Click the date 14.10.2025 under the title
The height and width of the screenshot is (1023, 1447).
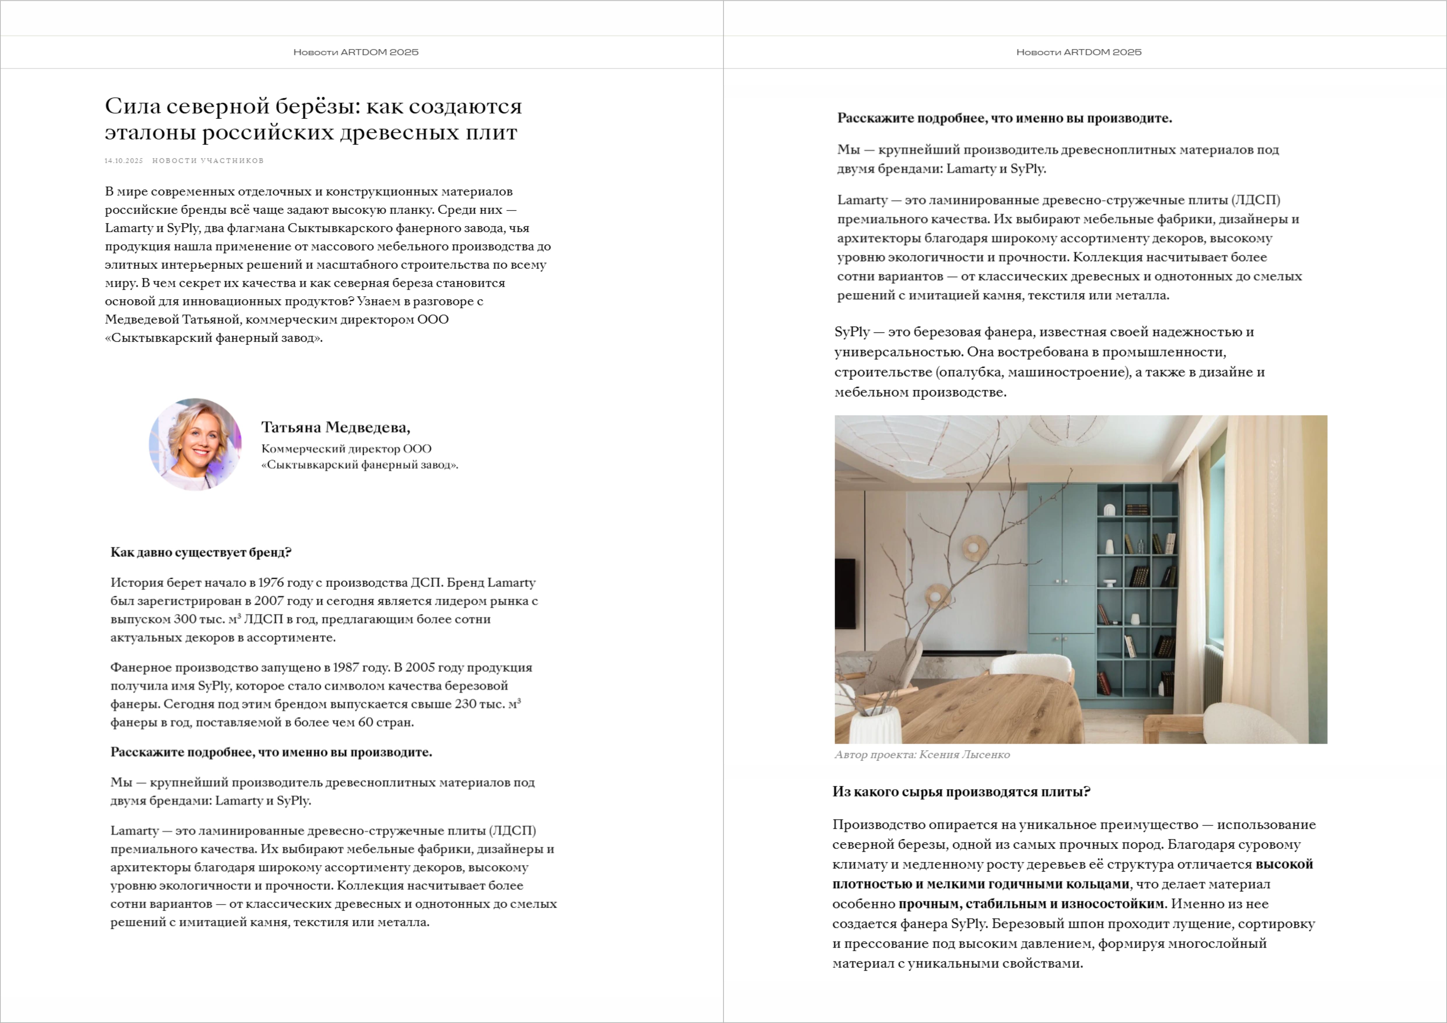pyautogui.click(x=124, y=161)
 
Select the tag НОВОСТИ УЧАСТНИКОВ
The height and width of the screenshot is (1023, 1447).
pyautogui.click(x=208, y=161)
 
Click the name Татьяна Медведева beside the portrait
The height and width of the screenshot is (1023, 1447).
pyautogui.click(x=335, y=428)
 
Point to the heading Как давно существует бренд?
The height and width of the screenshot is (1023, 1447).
pyautogui.click(x=200, y=552)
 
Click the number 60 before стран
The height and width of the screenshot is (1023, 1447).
pyautogui.click(x=366, y=723)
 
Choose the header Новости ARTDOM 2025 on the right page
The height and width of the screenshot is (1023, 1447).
pyautogui.click(x=1078, y=52)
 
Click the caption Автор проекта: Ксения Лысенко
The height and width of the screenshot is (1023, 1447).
pyautogui.click(x=921, y=755)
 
